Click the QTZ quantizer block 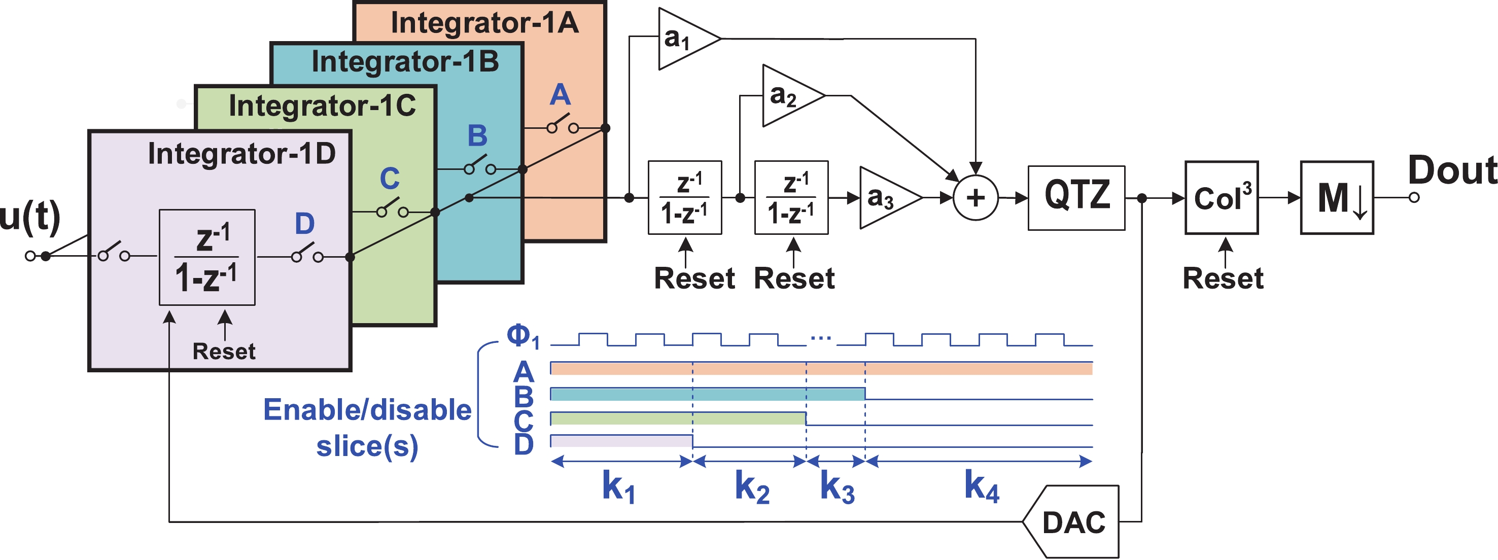tap(1076, 198)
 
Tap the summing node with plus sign tap(976, 198)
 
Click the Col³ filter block tap(1222, 198)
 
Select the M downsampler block tap(1337, 198)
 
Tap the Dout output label tap(1452, 170)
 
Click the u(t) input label tap(29, 216)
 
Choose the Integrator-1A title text tap(484, 23)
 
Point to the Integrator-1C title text tap(322, 106)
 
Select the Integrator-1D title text tap(242, 154)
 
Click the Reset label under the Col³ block tap(1223, 278)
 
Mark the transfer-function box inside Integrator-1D tap(207, 257)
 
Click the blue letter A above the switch tap(560, 95)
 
